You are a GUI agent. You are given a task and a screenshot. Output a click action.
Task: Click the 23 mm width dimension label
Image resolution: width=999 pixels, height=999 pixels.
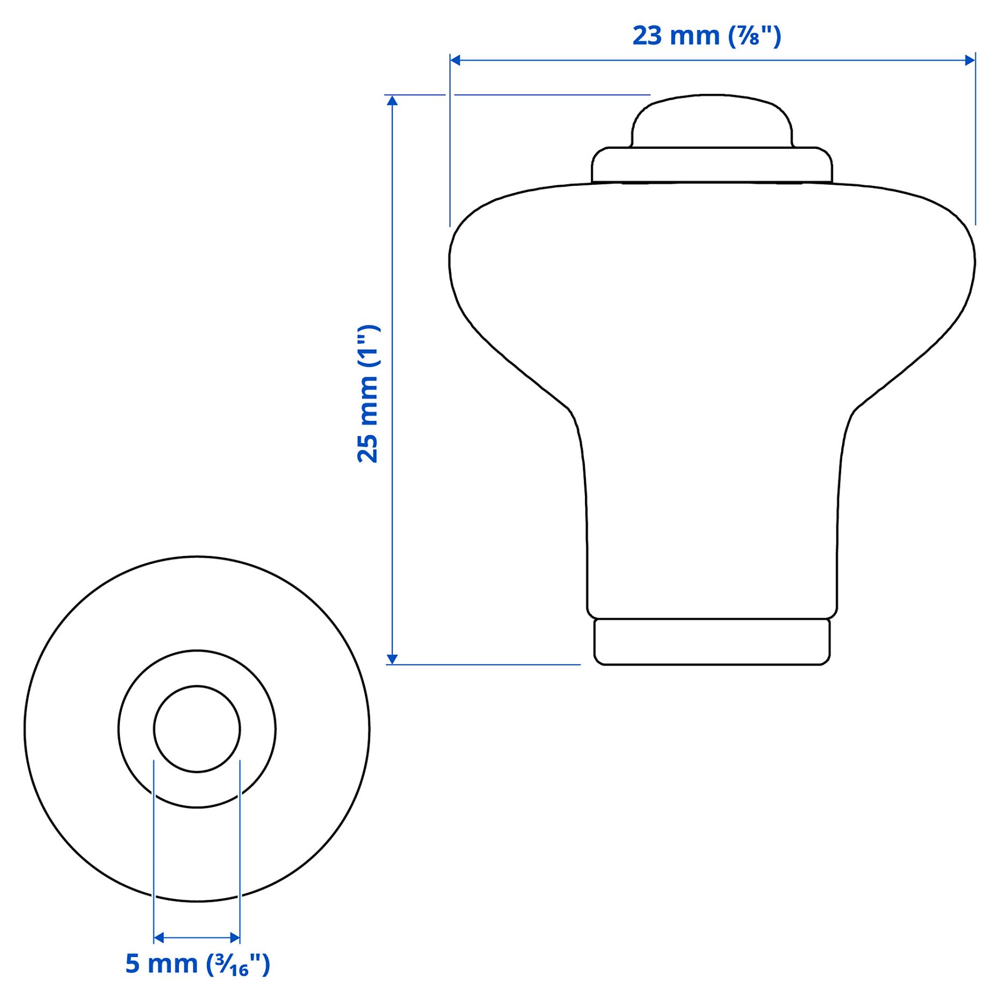706,36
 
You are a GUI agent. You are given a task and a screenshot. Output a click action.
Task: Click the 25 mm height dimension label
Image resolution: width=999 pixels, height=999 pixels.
368,394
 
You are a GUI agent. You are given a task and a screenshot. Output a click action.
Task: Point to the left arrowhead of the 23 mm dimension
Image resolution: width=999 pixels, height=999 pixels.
455,60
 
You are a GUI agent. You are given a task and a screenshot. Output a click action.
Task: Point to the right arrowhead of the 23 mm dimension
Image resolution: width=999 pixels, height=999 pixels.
970,60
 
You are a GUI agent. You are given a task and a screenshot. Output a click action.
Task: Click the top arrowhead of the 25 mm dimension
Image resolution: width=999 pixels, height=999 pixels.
392,100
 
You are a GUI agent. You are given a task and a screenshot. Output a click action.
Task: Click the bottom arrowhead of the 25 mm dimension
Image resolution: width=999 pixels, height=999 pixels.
392,659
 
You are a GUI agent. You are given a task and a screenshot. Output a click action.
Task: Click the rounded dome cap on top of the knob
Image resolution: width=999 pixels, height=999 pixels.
712,121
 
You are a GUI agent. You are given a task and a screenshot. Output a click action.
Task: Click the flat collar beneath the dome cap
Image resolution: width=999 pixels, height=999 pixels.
712,165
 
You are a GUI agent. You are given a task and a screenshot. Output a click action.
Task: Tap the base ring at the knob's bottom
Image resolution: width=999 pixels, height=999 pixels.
712,642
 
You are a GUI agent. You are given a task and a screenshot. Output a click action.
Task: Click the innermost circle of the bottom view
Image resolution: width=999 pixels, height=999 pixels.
197,729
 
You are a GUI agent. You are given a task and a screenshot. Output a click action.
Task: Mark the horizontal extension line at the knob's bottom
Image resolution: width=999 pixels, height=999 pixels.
483,664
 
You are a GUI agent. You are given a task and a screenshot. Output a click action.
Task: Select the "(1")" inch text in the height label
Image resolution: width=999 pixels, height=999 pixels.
369,346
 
